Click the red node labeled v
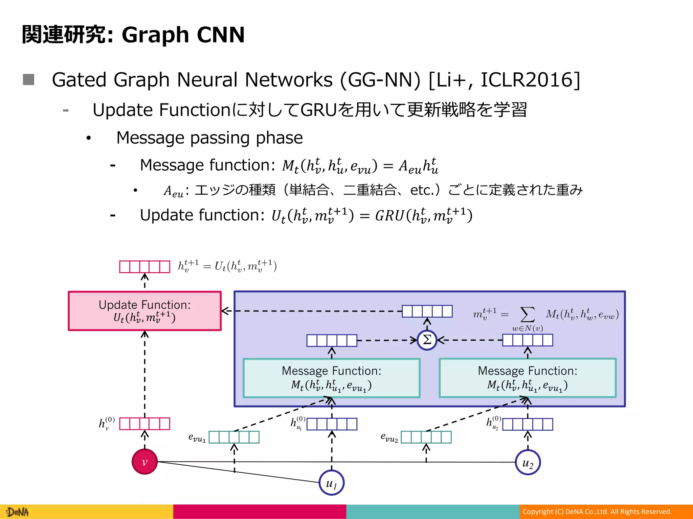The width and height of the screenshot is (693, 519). click(x=144, y=462)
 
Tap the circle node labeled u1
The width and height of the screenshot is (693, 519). click(x=332, y=483)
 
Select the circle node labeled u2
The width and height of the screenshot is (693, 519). click(x=528, y=462)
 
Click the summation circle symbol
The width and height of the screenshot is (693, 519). click(x=427, y=340)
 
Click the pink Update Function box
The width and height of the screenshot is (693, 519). click(x=144, y=311)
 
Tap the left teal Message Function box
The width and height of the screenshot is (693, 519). click(x=332, y=378)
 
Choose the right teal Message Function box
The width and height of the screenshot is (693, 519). click(x=528, y=378)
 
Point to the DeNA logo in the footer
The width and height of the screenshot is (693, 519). click(x=18, y=512)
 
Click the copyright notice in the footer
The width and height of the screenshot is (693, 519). click(x=597, y=512)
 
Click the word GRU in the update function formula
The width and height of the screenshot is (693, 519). click(x=390, y=216)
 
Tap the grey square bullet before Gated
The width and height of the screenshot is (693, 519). click(x=28, y=80)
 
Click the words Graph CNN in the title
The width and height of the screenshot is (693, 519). click(x=183, y=35)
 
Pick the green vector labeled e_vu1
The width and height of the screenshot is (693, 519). click(x=234, y=437)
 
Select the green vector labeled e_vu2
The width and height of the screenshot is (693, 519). click(x=426, y=437)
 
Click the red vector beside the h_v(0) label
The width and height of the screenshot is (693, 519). click(x=144, y=423)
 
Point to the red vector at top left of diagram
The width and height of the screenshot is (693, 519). click(x=144, y=267)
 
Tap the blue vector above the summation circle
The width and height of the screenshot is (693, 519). click(x=427, y=311)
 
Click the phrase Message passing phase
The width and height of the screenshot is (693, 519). click(x=209, y=138)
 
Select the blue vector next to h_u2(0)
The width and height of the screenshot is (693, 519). click(x=528, y=424)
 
